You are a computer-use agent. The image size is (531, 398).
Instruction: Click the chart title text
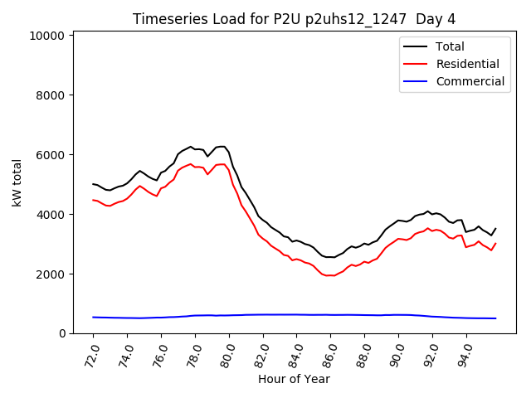coord(294,19)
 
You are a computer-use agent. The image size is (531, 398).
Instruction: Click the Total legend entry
coord(450,46)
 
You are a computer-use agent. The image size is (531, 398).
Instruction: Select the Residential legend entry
coord(467,64)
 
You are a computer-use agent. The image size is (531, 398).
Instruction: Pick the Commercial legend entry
coord(470,81)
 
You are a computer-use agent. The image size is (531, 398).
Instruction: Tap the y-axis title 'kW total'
coord(17,182)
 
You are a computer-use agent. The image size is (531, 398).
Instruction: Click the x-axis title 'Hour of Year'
coord(294,379)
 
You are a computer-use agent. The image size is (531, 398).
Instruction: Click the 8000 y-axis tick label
coord(51,95)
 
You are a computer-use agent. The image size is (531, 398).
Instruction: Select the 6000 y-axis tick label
coord(51,155)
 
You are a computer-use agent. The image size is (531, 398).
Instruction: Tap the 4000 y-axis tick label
coord(51,215)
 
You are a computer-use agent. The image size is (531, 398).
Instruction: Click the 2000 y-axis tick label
coord(51,274)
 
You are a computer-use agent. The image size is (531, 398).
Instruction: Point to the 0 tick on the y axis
coord(62,333)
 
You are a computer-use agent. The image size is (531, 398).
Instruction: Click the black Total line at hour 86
coord(330,257)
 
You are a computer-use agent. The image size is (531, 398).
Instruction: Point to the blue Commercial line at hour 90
coord(398,315)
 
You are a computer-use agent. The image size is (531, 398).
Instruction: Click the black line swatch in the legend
coord(417,46)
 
